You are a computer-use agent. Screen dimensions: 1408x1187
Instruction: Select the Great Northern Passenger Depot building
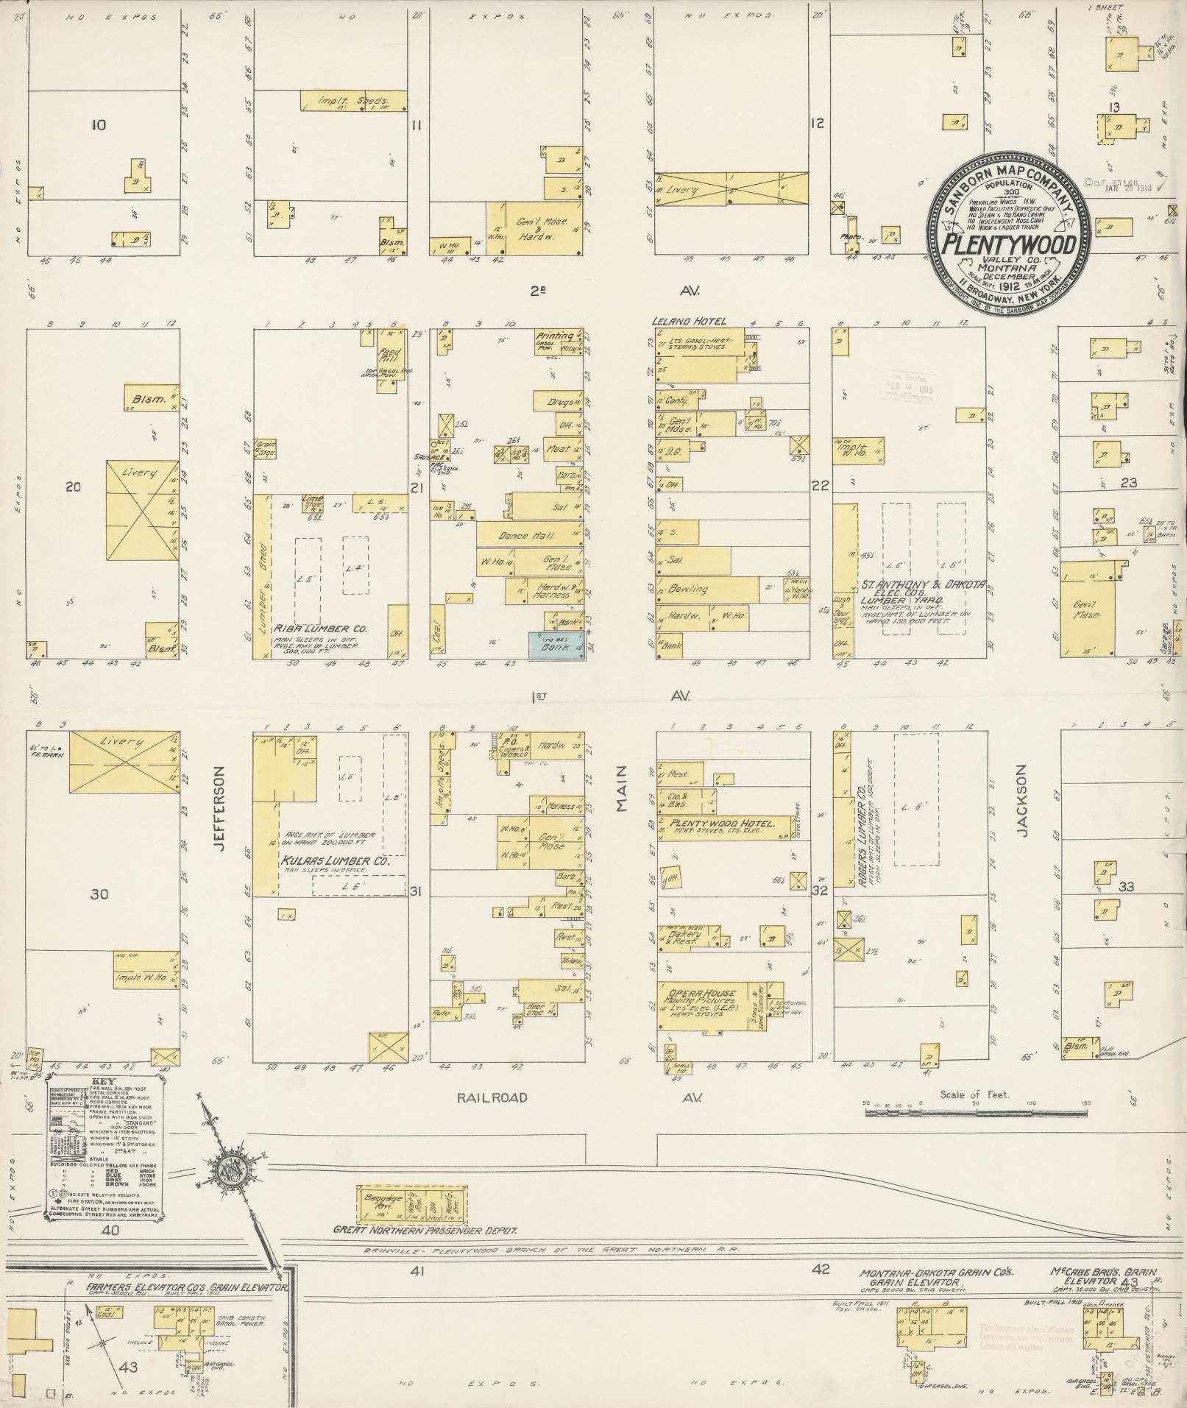(412, 1206)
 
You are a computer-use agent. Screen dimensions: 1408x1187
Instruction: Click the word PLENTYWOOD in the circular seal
(1009, 245)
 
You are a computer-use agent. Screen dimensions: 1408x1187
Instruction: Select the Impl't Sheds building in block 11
(353, 101)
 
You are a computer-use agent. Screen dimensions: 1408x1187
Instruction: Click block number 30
(99, 894)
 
